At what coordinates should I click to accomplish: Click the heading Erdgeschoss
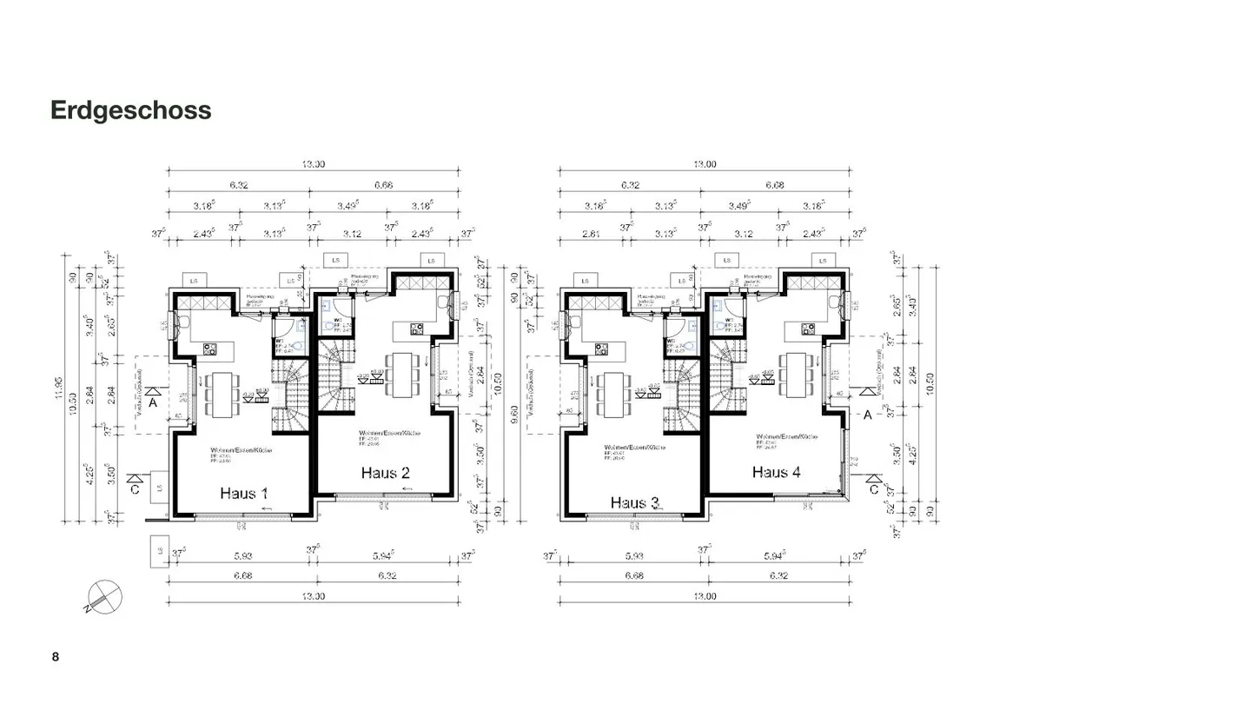130,110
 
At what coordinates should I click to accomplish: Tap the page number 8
56,657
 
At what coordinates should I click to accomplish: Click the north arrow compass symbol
104,597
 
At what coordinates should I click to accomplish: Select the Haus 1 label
243,493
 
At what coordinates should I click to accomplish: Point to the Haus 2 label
385,473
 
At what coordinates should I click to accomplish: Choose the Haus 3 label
635,502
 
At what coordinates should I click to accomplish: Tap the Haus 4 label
776,472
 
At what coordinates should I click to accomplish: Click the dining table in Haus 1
222,395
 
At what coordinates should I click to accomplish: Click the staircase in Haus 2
335,376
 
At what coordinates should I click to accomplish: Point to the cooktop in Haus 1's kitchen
210,349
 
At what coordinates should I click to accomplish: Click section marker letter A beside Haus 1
152,403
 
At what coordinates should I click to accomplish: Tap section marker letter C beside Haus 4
875,489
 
